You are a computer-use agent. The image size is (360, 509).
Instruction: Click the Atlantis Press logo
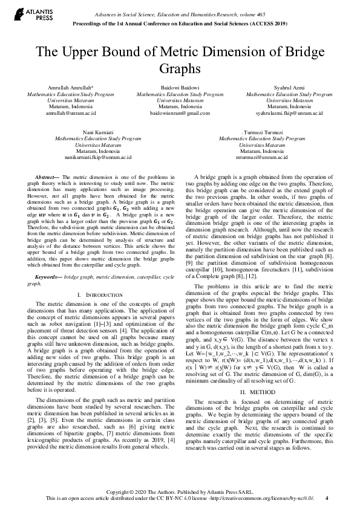tap(25, 15)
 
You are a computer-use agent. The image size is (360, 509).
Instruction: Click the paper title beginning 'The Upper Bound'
tap(179, 59)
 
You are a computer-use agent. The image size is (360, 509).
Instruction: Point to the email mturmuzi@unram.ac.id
tap(263, 157)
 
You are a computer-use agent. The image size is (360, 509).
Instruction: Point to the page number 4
tap(327, 499)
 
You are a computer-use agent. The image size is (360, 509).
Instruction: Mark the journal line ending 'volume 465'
tap(197, 13)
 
